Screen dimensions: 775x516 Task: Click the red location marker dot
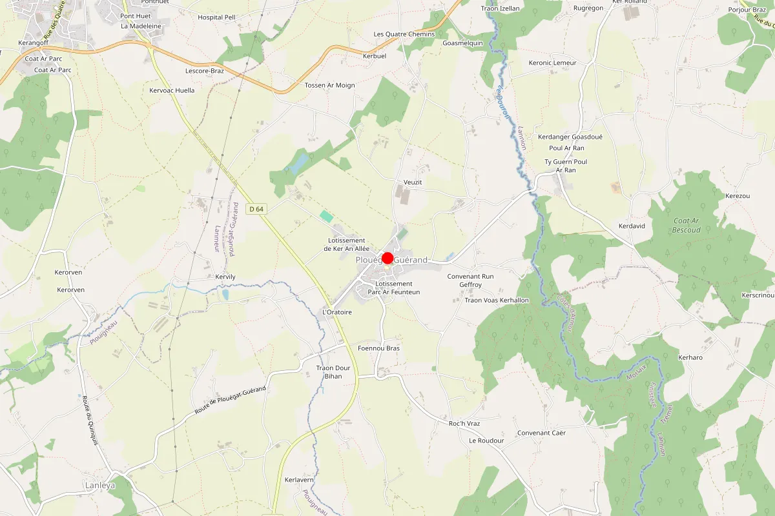387,258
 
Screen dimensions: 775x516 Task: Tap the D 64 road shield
256,208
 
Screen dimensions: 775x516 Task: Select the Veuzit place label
412,183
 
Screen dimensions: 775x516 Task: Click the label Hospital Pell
216,17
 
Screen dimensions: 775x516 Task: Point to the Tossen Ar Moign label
329,85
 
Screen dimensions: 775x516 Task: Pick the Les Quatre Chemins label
404,34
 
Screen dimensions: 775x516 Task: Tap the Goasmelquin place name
462,43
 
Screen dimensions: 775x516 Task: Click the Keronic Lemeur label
552,63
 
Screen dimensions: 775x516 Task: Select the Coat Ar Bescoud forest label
686,225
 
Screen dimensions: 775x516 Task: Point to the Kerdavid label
632,226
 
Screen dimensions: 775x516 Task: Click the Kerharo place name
690,357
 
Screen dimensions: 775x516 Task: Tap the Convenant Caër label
541,433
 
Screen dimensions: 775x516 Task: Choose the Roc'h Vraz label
464,423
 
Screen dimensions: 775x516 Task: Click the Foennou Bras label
378,348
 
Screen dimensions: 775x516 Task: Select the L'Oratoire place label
336,312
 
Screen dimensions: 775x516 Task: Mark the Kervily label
225,277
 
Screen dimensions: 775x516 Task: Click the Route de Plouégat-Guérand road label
231,401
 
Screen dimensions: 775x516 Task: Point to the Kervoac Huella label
172,90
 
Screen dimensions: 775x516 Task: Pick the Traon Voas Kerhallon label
497,301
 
